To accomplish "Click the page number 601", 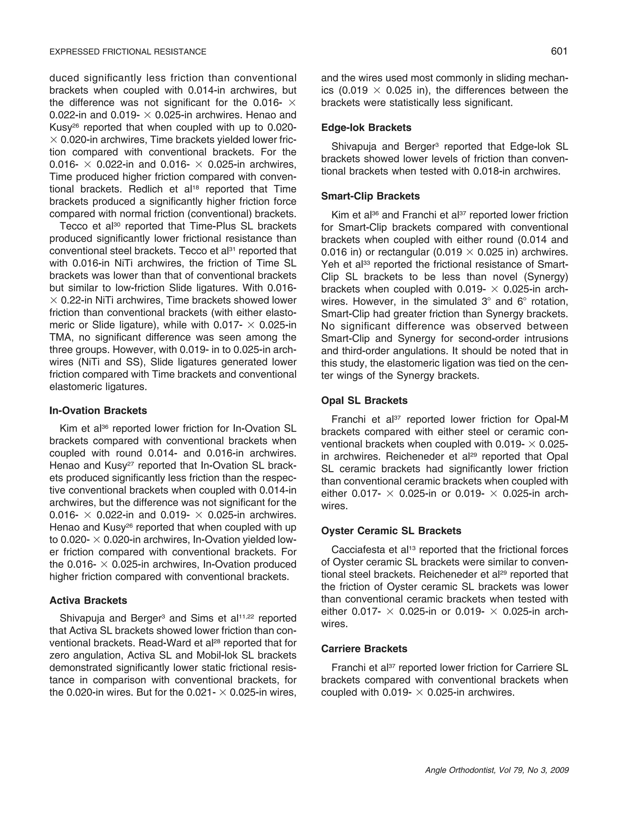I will [x=559, y=51].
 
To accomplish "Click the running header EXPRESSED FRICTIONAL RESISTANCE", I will [x=128, y=52].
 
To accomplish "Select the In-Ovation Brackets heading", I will [x=98, y=411].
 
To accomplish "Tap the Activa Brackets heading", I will [x=88, y=600].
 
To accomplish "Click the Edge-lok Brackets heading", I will [x=366, y=128].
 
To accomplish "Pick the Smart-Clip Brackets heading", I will [x=370, y=196].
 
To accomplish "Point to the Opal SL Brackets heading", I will [x=364, y=400].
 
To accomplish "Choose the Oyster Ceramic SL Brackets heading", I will [x=391, y=531].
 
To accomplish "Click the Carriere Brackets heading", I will [x=364, y=649].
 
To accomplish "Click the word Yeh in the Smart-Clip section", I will [x=329, y=264].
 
